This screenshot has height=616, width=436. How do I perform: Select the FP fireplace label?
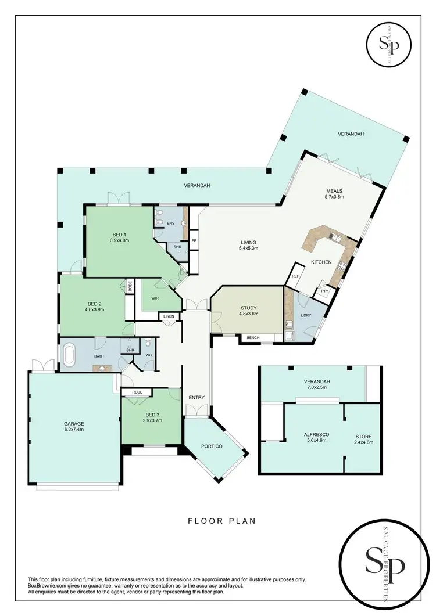pyautogui.click(x=193, y=240)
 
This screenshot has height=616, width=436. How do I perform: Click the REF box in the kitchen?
pyautogui.click(x=295, y=276)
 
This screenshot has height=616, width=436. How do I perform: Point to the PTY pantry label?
pyautogui.click(x=324, y=291)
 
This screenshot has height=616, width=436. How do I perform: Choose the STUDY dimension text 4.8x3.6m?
pyautogui.click(x=249, y=314)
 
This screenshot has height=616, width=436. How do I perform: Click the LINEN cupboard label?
pyautogui.click(x=169, y=316)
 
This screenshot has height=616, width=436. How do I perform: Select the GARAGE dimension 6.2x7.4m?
pyautogui.click(x=74, y=430)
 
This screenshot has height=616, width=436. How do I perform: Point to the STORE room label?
pyautogui.click(x=364, y=436)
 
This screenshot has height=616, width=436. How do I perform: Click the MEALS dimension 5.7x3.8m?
pyautogui.click(x=334, y=197)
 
